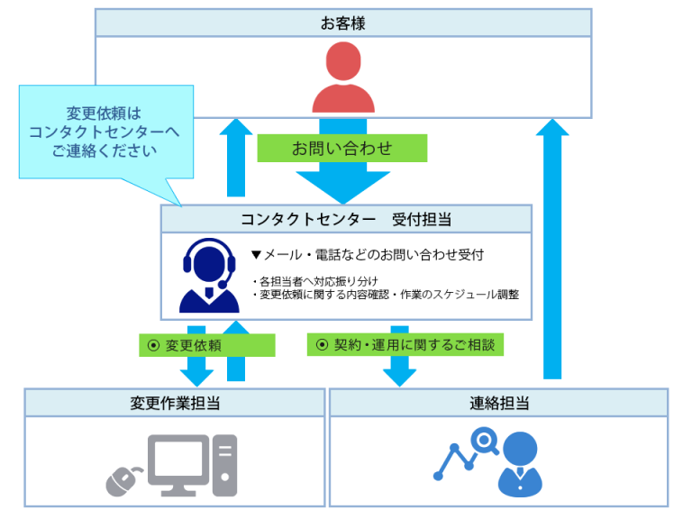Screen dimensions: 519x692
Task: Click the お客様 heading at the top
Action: pos(343,23)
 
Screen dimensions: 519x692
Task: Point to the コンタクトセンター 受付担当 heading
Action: pos(346,219)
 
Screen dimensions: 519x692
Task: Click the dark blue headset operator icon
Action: pos(209,275)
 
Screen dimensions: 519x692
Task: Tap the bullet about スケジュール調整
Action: pos(388,294)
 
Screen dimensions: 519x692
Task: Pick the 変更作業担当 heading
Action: pos(175,403)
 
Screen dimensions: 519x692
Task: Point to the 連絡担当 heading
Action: pos(499,403)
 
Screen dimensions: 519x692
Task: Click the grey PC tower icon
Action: pos(225,465)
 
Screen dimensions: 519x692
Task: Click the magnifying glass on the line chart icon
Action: pos(484,442)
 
